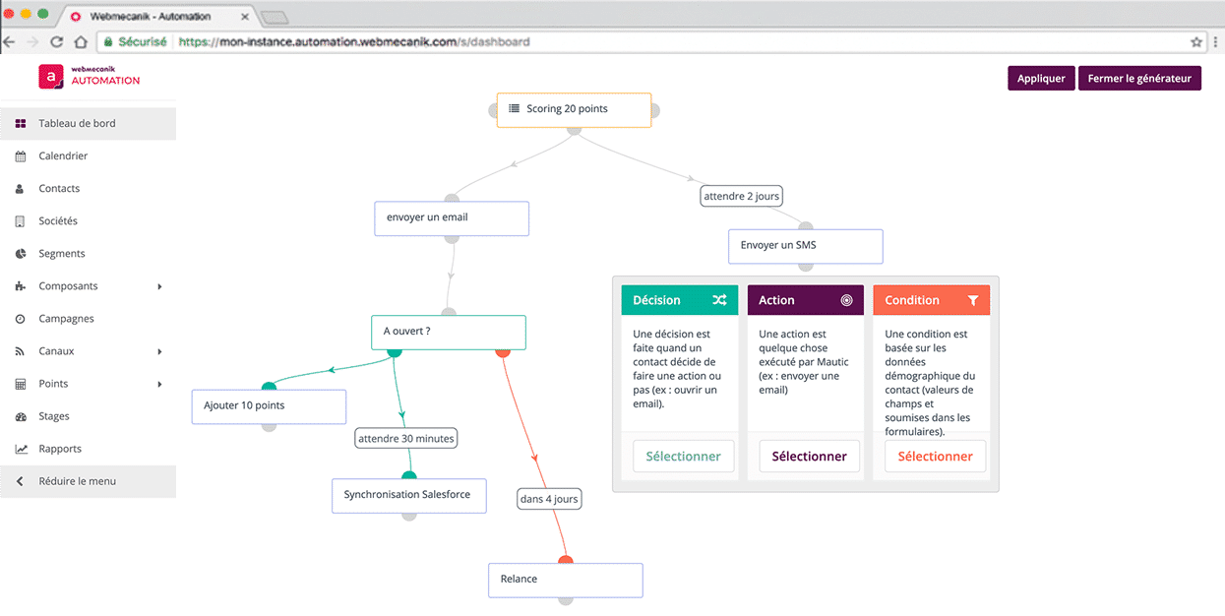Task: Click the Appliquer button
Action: click(1041, 79)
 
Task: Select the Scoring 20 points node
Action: click(574, 109)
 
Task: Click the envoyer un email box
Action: click(452, 217)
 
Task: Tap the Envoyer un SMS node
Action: click(805, 245)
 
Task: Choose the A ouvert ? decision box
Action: click(448, 332)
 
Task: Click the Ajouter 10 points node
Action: click(269, 405)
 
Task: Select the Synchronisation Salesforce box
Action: click(408, 495)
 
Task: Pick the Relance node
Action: click(565, 580)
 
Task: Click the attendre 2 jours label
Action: click(741, 196)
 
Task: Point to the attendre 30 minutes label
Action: click(405, 439)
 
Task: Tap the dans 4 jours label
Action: click(548, 499)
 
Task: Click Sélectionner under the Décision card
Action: click(683, 457)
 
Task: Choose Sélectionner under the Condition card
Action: click(935, 457)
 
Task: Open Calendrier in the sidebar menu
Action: click(63, 155)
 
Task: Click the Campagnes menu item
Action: click(66, 319)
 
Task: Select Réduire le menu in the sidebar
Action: click(77, 481)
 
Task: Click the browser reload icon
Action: click(56, 42)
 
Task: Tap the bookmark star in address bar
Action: click(1196, 42)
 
